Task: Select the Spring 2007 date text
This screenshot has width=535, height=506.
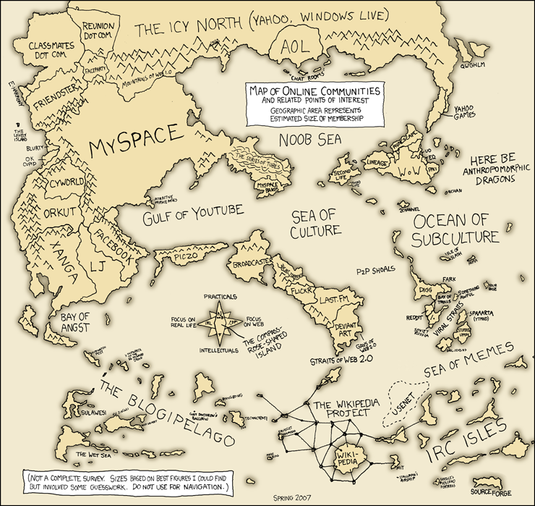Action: tap(287, 498)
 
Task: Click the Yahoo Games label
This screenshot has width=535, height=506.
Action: tap(466, 113)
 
